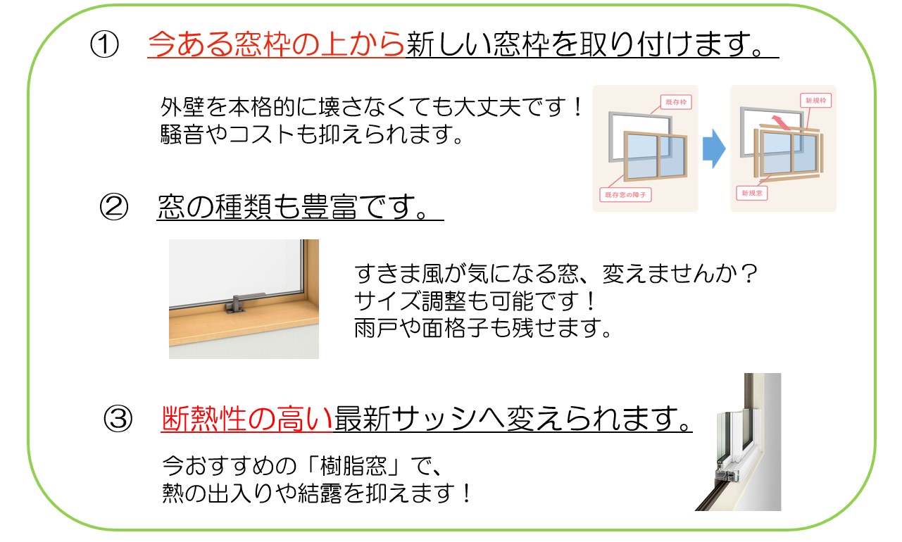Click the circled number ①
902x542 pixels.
104,44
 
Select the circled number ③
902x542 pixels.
118,419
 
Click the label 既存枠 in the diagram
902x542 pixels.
676,102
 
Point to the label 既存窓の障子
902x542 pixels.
625,195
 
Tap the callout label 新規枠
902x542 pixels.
816,101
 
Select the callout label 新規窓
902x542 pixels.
752,194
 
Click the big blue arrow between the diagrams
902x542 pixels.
714,149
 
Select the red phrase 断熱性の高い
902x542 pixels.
247,419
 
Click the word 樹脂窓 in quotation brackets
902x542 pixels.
353,466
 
